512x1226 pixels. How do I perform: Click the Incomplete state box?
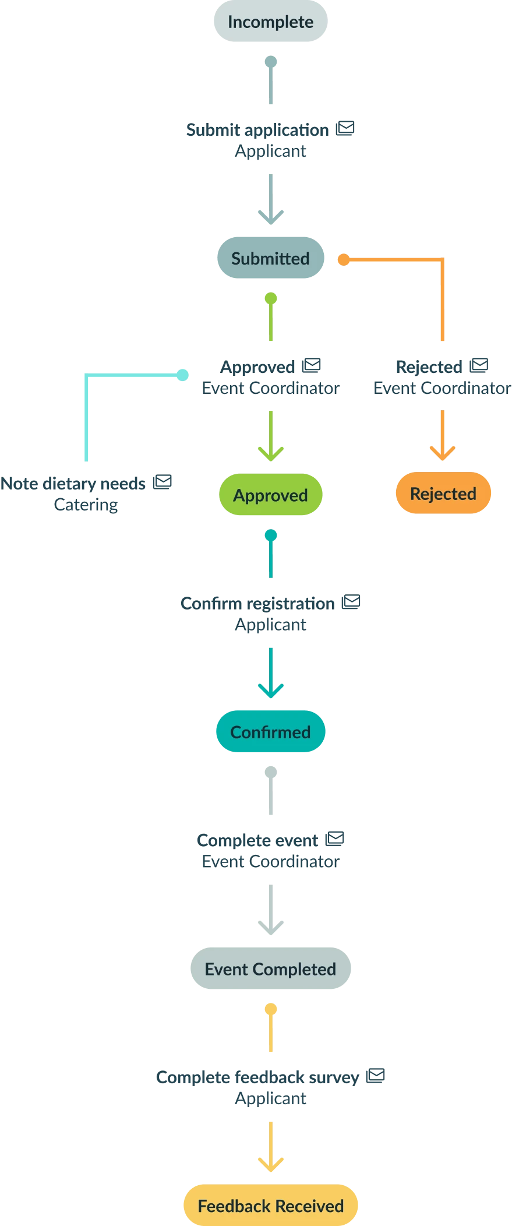coord(270,22)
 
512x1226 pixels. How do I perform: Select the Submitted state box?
coord(270,258)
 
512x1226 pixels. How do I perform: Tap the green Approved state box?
coord(270,495)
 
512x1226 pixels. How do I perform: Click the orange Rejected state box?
coord(443,494)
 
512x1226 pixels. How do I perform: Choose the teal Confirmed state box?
coord(270,732)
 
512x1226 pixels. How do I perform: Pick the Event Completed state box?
coord(270,969)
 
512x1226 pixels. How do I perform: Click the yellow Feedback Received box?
coord(270,1206)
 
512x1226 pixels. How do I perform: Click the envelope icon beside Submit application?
coord(345,129)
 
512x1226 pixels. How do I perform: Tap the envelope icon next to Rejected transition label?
coord(479,365)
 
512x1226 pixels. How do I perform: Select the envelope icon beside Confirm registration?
coord(351,602)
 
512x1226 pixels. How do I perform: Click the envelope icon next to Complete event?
coord(334,839)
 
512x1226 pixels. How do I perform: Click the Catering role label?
coord(86,505)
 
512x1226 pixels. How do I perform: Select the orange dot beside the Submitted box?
coord(344,259)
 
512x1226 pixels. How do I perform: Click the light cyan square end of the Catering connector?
coord(183,375)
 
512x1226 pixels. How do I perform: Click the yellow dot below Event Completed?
coord(271,1009)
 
